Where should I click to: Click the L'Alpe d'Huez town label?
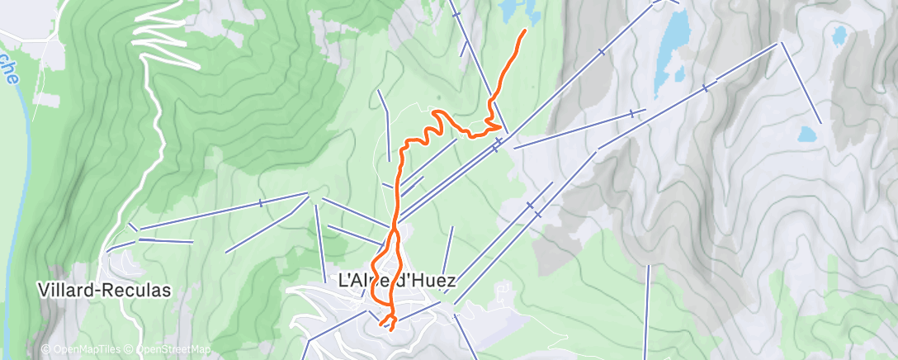(398, 281)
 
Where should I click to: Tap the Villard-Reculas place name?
(104, 291)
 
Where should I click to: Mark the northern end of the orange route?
(525, 31)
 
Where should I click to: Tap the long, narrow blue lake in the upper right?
(672, 45)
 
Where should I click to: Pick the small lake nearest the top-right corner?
(839, 36)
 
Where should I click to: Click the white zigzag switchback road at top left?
(161, 33)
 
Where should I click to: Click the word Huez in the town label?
(430, 281)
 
